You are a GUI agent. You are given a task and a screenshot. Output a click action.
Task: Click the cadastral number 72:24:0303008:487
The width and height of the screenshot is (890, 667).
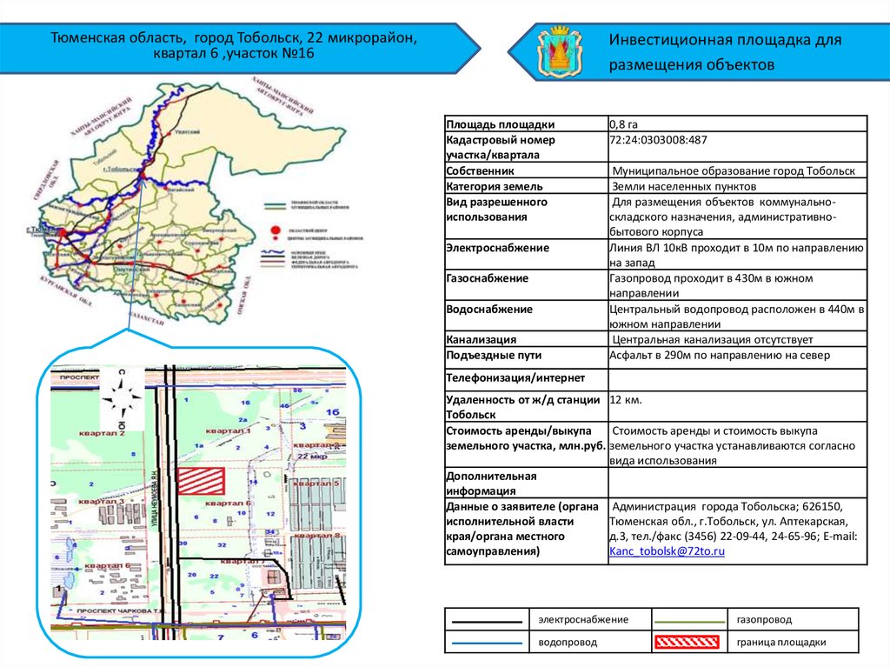click(x=658, y=139)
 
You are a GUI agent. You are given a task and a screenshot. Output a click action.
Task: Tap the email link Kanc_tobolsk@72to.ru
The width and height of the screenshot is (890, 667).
click(x=667, y=551)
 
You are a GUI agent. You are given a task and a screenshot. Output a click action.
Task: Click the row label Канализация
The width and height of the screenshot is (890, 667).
click(x=482, y=339)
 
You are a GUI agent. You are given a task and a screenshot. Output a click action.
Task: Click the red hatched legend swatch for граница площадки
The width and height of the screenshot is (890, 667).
click(x=687, y=643)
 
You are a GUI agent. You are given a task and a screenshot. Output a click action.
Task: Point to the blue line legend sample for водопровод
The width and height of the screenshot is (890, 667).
click(x=487, y=643)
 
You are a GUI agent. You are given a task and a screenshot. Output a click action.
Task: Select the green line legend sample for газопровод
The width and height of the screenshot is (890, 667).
click(x=687, y=620)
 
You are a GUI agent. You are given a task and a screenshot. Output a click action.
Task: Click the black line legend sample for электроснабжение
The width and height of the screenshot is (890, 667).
click(x=487, y=620)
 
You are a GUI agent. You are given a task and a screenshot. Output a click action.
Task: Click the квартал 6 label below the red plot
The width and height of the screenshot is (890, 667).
click(x=225, y=504)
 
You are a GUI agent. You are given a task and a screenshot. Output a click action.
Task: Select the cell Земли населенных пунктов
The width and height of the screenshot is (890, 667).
click(x=684, y=186)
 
